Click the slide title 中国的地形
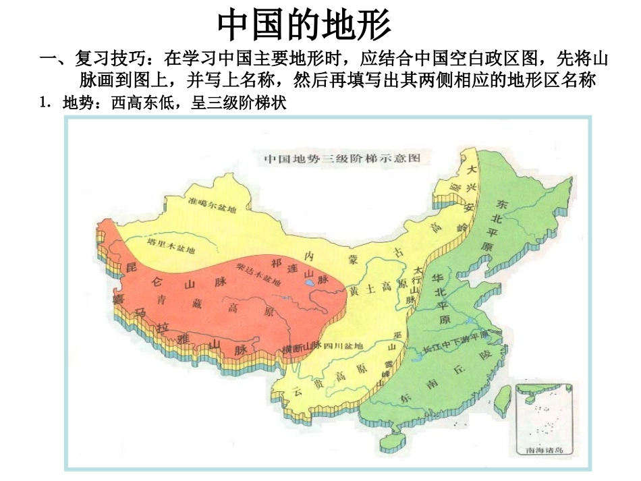(304, 26)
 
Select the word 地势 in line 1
(76, 104)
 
